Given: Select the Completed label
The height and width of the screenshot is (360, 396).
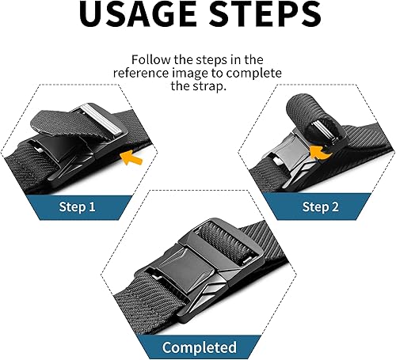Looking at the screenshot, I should [199, 347].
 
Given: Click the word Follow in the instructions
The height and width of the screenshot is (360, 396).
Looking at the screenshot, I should [151, 60].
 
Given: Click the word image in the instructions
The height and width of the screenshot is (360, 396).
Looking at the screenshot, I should [212, 74].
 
